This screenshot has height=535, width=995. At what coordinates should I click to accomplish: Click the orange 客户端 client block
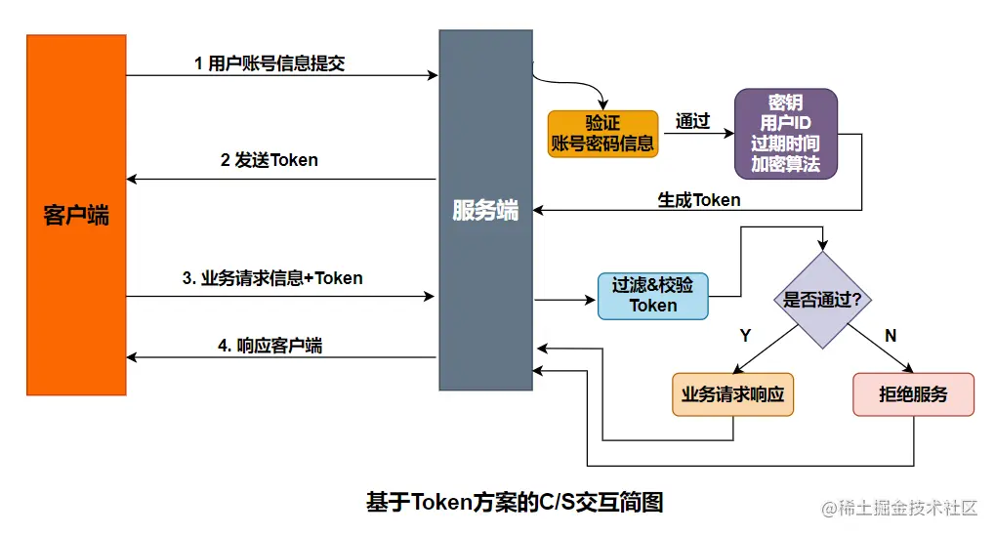[x=77, y=215]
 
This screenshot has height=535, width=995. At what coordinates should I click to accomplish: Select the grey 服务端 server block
[x=485, y=210]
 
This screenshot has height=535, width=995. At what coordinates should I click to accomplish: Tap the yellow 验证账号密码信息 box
[x=602, y=134]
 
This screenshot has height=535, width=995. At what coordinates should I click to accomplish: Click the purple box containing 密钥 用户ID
[x=786, y=133]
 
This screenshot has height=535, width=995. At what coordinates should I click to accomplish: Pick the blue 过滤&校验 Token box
[x=653, y=295]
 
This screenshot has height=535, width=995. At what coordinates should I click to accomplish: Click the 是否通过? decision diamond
[x=822, y=300]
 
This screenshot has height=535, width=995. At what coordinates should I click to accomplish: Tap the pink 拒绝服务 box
[x=913, y=394]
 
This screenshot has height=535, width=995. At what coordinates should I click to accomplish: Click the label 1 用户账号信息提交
[x=269, y=63]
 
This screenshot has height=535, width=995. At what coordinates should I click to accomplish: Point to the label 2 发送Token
[x=269, y=160]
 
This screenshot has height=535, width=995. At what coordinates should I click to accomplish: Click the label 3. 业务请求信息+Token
[x=272, y=278]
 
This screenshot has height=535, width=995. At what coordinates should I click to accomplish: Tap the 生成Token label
[x=699, y=200]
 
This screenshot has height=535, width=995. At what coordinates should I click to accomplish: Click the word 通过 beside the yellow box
[x=692, y=122]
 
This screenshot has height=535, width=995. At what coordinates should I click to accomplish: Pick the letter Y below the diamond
[x=745, y=336]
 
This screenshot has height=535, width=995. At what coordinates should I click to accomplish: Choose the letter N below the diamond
[x=890, y=336]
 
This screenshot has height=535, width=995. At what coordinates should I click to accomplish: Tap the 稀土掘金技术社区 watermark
[x=899, y=509]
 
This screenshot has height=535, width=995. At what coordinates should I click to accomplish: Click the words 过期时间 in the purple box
[x=786, y=144]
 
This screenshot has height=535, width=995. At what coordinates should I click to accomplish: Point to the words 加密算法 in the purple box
[x=786, y=164]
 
